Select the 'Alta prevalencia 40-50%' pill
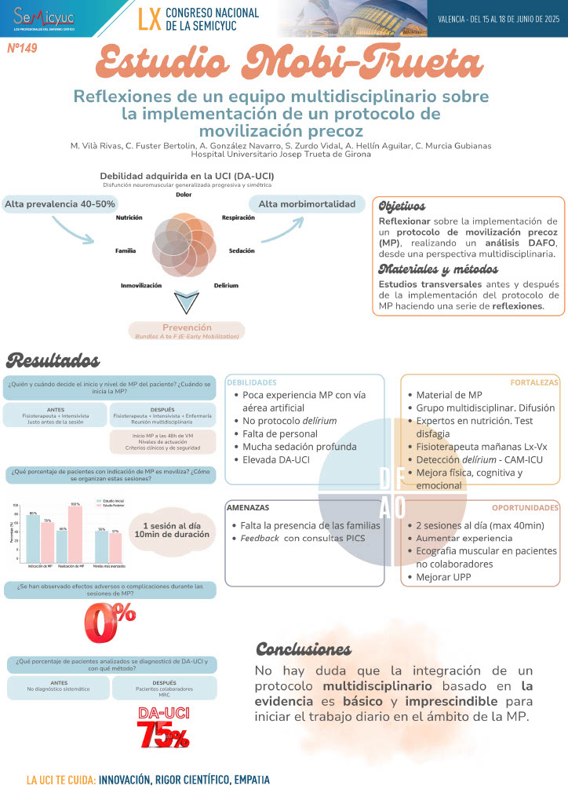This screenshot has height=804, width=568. [x=60, y=204]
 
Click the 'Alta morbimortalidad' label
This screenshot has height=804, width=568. [x=307, y=204]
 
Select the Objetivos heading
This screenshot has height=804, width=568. [x=402, y=206]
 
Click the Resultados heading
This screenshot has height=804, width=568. [x=53, y=361]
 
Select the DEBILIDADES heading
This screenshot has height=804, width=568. [x=251, y=382]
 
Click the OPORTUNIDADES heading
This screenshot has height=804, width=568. [x=525, y=508]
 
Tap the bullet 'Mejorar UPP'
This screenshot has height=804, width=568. [x=444, y=578]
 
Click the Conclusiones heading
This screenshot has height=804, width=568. [x=304, y=649]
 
